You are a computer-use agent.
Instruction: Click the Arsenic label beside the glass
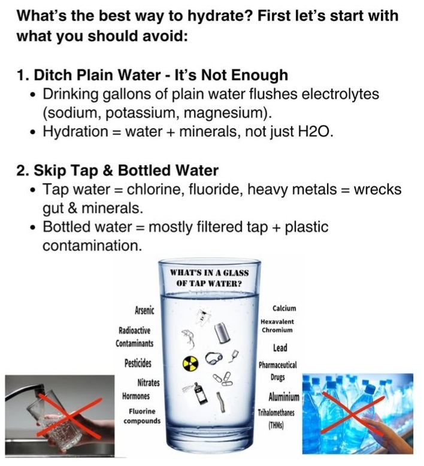coord(144,310)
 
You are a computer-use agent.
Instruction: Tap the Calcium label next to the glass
coord(284,308)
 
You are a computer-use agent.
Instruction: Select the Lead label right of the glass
coord(280,348)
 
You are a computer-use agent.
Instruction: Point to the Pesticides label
coord(138,363)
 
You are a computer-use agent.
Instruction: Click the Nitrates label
coord(148,382)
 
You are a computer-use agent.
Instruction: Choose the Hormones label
coord(136,396)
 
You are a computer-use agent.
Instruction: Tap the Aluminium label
coord(284,397)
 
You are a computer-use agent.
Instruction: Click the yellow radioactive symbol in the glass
coord(190,363)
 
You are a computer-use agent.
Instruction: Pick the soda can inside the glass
coord(222,333)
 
